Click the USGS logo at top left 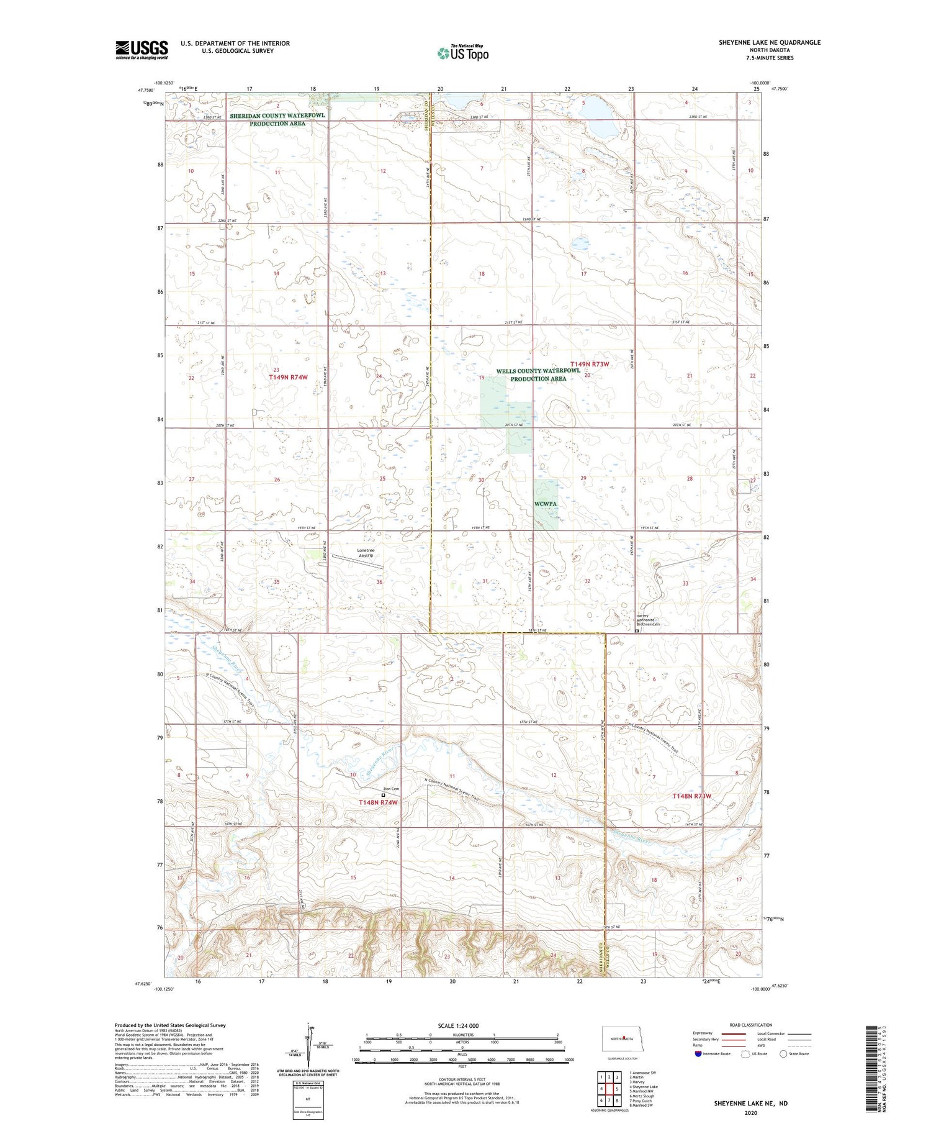click(142, 50)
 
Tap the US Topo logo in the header click(462, 53)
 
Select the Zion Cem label click(390, 789)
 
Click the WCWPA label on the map click(546, 504)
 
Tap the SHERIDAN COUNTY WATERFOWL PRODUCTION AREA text click(277, 119)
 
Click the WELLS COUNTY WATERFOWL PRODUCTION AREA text click(538, 375)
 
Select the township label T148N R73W click(692, 796)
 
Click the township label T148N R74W click(377, 802)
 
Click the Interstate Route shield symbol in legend click(698, 1054)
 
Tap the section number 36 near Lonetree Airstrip click(379, 582)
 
